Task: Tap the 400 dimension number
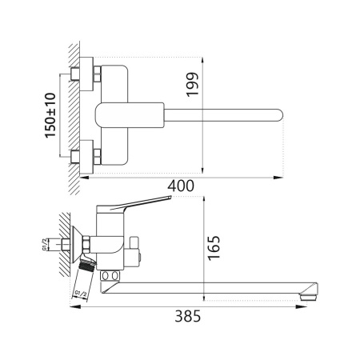pyautogui.click(x=182, y=186)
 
